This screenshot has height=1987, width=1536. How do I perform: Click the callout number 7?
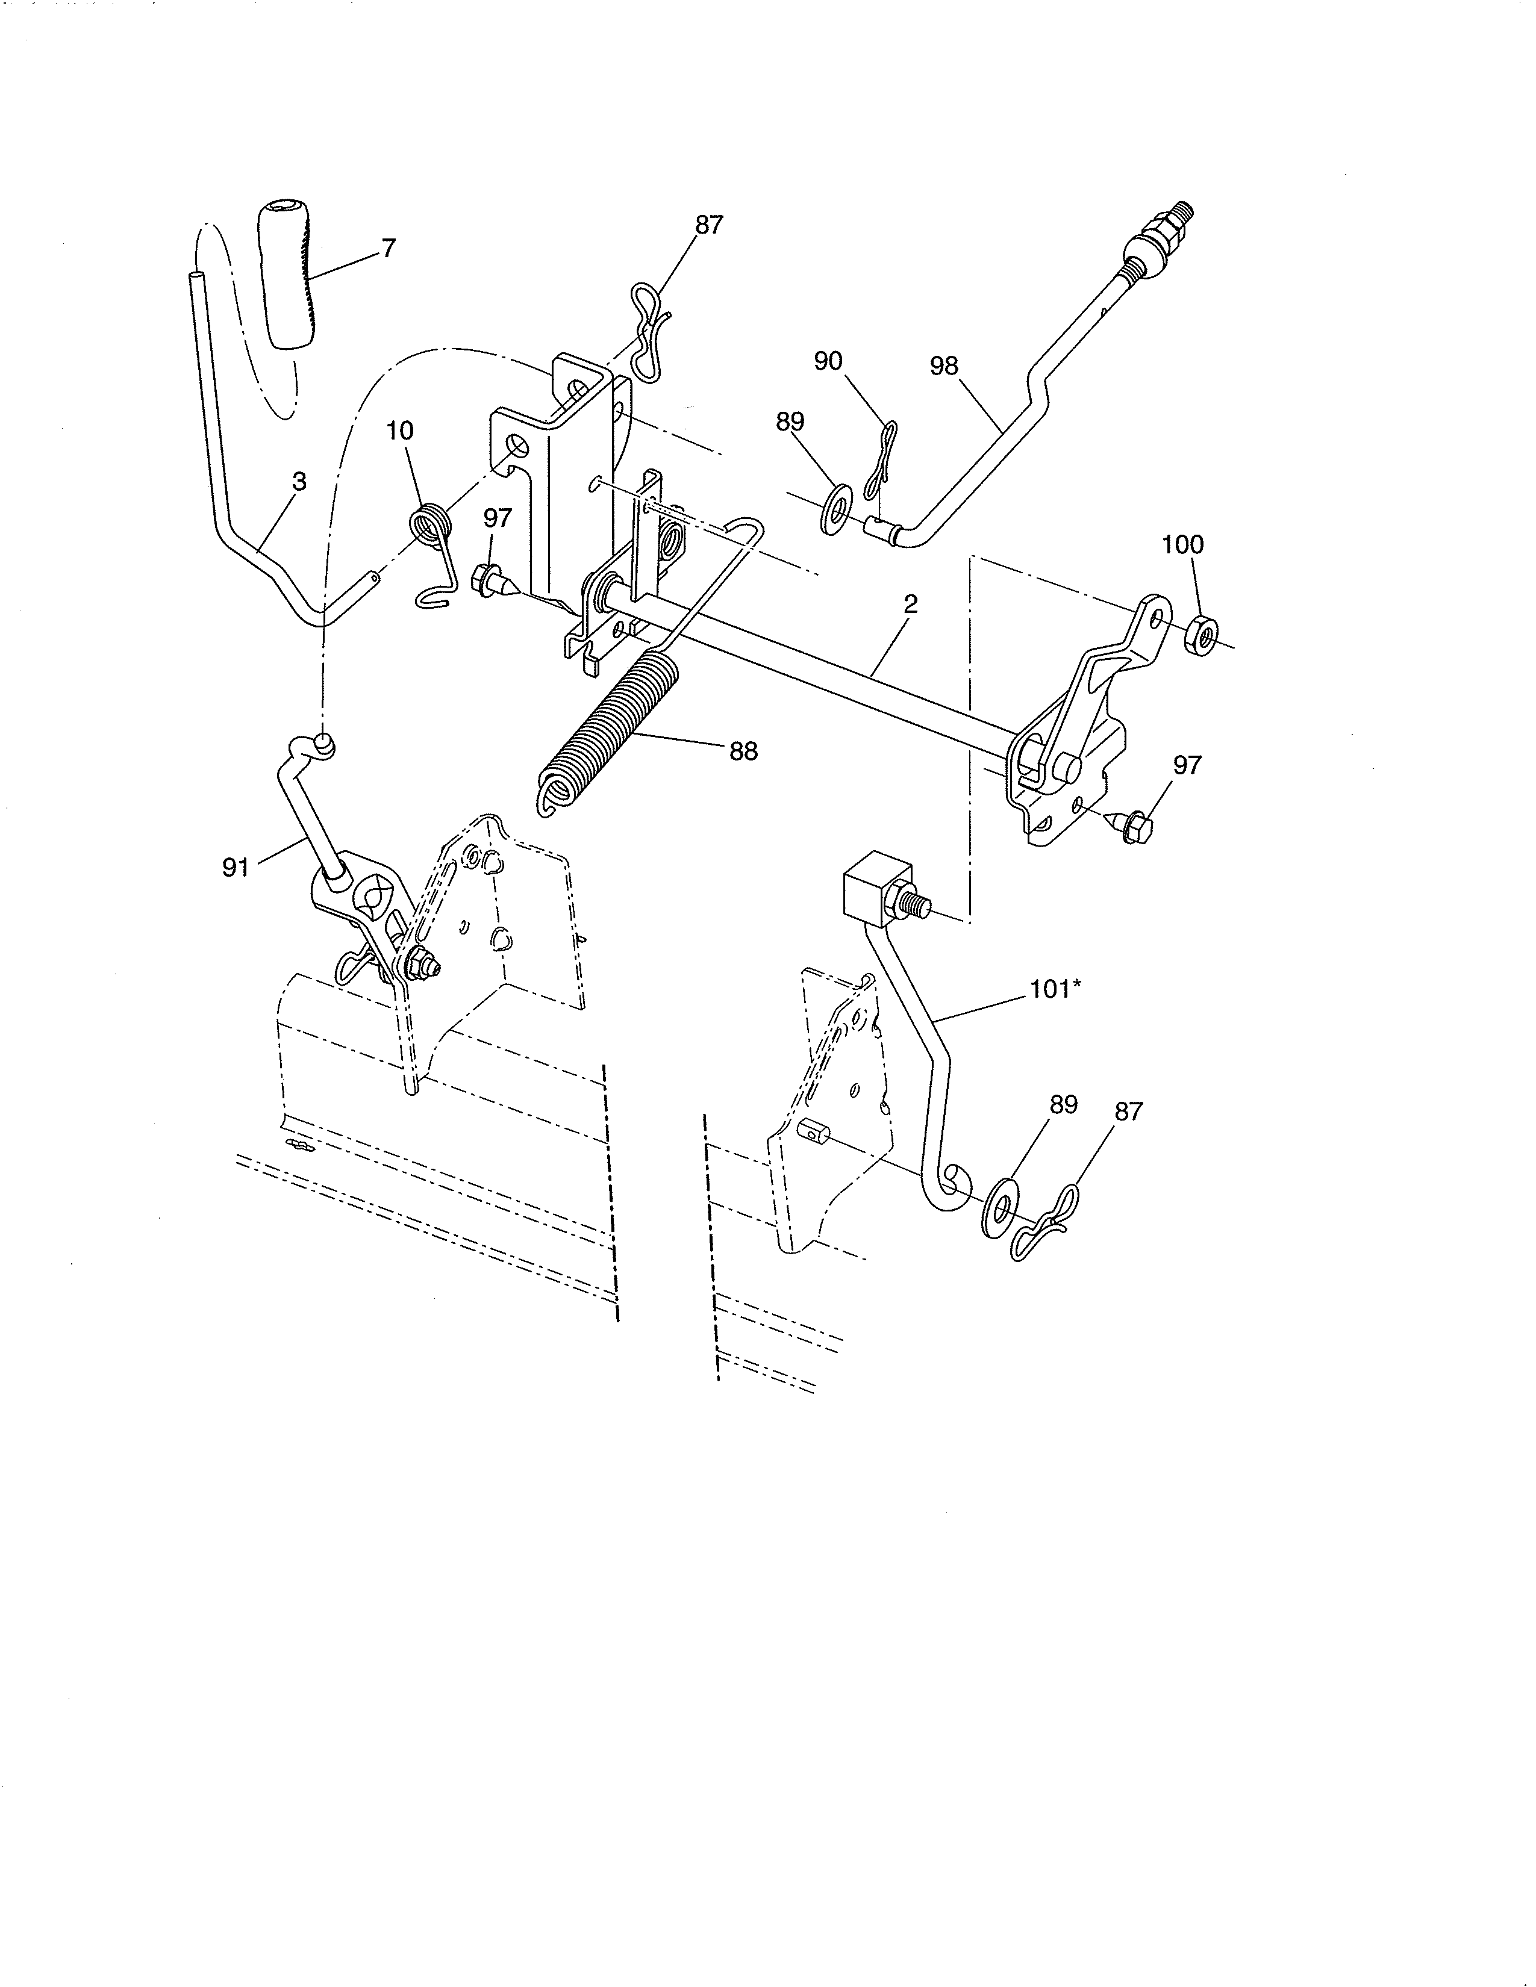[389, 247]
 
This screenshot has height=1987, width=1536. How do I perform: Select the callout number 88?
[743, 751]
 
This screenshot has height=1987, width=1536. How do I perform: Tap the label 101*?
[1055, 989]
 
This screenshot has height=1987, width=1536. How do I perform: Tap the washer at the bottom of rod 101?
[1002, 1207]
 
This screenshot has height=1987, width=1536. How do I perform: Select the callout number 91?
[236, 868]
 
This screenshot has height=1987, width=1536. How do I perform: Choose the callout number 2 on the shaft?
[910, 604]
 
